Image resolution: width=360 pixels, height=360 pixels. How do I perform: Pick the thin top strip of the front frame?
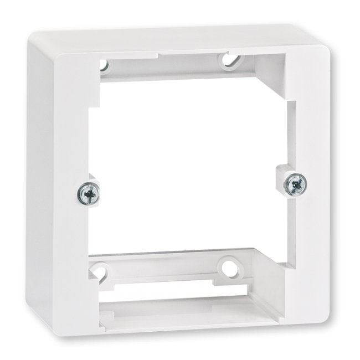pyautogui.click(x=166, y=49)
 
